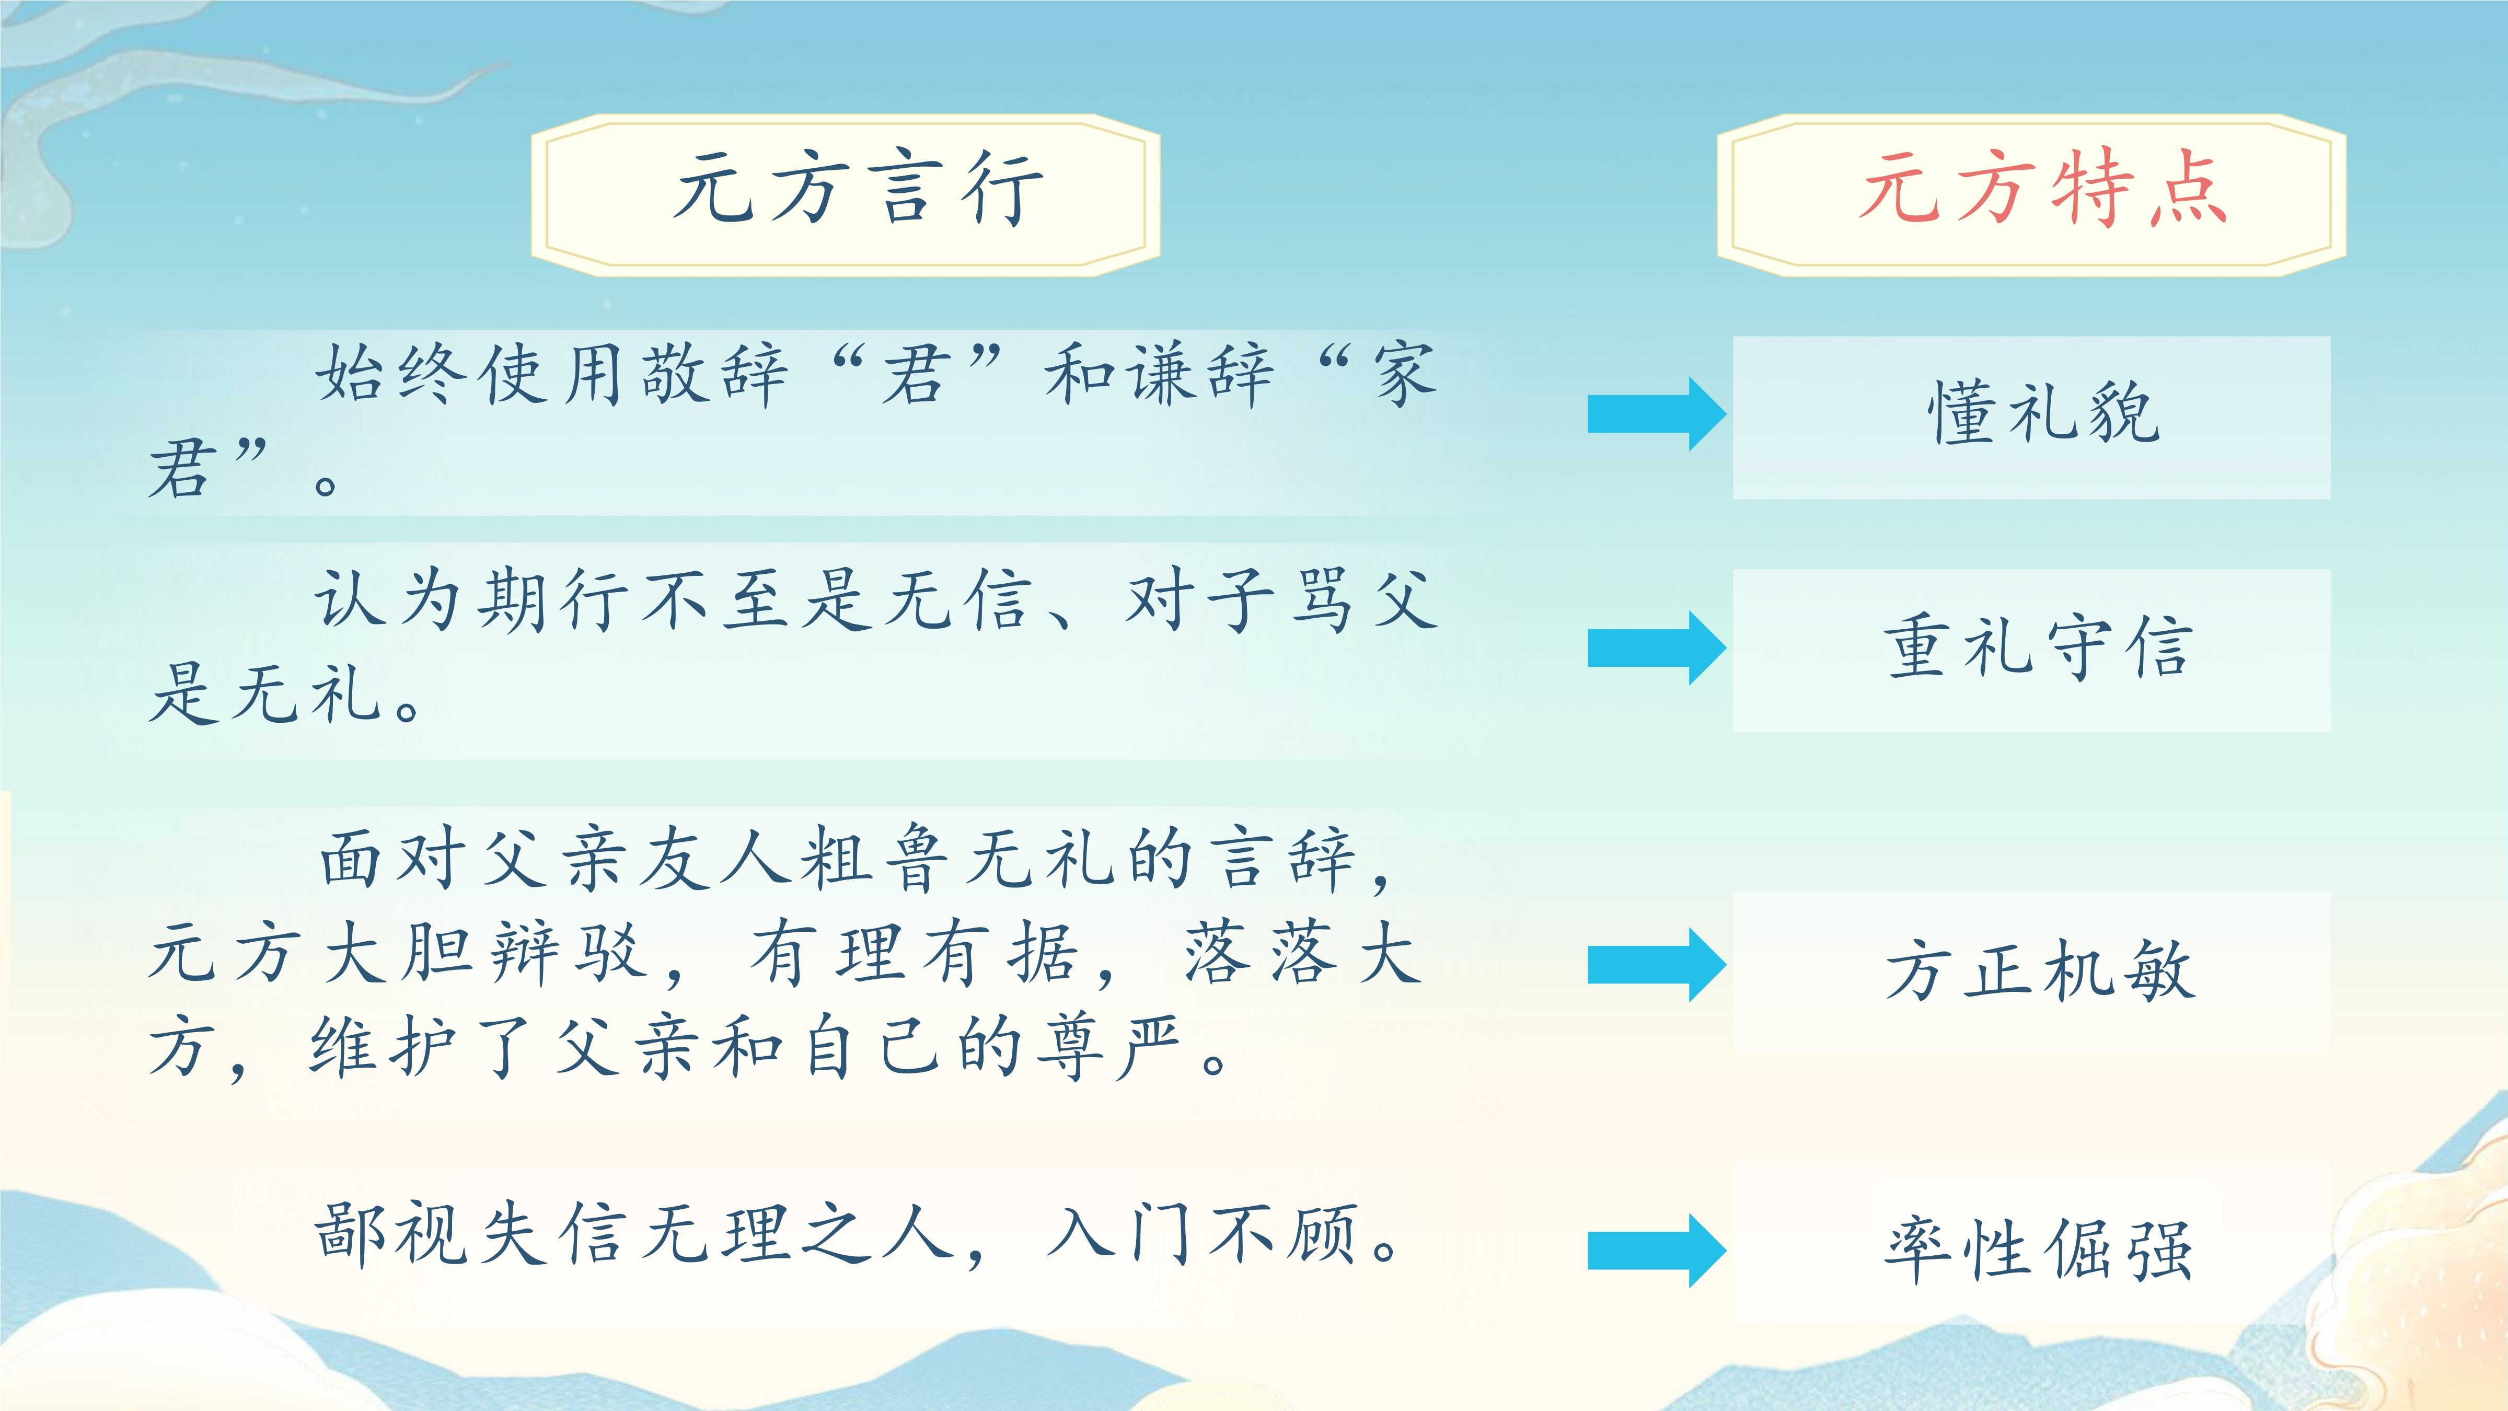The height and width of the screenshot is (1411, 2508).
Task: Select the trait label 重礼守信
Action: coord(2040,647)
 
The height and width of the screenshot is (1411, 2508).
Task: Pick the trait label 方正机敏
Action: coord(2040,970)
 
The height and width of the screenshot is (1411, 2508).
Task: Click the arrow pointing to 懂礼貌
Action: coord(1656,414)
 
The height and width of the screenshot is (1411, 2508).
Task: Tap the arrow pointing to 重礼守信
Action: coord(1656,647)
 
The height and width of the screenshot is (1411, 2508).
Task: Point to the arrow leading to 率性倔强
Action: coord(1656,1251)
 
